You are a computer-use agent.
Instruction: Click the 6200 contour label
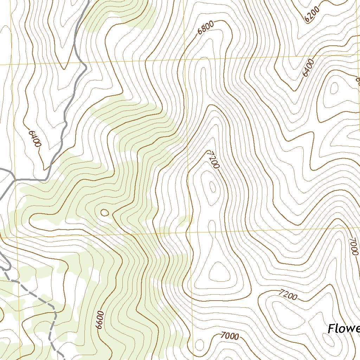pos(312,14)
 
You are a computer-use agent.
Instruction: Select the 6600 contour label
pos(100,320)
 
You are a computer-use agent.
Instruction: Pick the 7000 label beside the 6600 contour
pos(230,336)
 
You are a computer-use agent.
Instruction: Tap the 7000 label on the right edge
pos(353,246)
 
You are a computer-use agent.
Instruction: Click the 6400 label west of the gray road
pos(35,139)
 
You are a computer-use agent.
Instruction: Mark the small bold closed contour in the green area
pos(104,212)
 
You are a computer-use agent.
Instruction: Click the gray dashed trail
pos(42,299)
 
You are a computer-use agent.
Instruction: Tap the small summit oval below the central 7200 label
pos(212,187)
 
